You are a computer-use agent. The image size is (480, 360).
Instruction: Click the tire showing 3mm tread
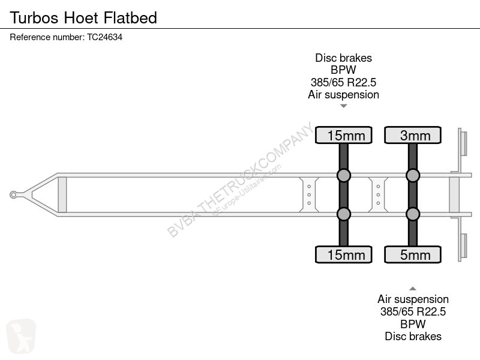[x=413, y=135]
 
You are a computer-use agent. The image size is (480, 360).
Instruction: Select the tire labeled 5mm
[x=413, y=254]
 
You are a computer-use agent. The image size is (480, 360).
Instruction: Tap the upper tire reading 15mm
[x=343, y=135]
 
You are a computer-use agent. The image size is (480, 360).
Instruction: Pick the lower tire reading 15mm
[x=343, y=254]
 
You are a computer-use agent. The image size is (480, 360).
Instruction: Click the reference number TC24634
[x=104, y=37]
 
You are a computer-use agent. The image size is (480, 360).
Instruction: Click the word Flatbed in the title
[x=130, y=17]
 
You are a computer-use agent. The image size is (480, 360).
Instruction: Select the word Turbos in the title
[x=34, y=17]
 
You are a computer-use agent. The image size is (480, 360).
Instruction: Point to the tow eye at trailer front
[x=13, y=194]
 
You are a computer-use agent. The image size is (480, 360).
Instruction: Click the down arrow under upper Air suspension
[x=343, y=106]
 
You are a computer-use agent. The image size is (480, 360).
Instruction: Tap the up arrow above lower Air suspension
[x=413, y=289]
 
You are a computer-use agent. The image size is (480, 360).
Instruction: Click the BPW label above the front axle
[x=343, y=70]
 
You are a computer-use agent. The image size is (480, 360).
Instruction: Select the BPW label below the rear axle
[x=413, y=324]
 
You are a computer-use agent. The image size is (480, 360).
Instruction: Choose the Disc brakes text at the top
[x=343, y=58]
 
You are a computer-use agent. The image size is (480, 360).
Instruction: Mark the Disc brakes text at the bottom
[x=413, y=336]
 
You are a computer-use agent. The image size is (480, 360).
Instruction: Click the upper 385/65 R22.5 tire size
[x=343, y=82]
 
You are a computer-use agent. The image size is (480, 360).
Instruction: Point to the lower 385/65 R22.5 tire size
[x=413, y=311]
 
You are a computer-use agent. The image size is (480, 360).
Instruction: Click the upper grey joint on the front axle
[x=343, y=175]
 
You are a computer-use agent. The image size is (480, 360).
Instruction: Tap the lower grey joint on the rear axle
[x=413, y=214]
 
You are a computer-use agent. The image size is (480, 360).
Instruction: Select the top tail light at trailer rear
[x=463, y=143]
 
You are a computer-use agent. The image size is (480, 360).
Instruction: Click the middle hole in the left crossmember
[x=309, y=194]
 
